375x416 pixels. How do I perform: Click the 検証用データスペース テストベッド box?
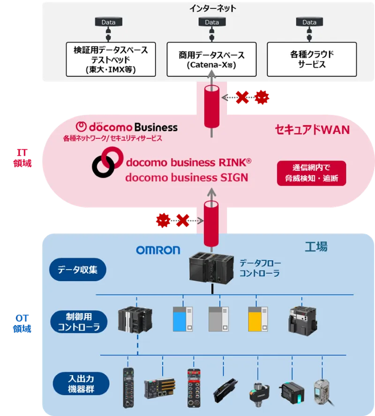coord(111,60)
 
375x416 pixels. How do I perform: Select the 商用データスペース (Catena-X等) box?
coord(211,60)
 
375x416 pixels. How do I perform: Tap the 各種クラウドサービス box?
coord(312,60)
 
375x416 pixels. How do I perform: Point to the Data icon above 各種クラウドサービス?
coord(309,23)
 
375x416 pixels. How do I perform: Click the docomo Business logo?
coord(127,127)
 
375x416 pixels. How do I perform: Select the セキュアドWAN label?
coord(312,129)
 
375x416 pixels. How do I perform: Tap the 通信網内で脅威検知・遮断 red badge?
coord(312,173)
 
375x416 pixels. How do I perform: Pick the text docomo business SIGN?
coord(186,178)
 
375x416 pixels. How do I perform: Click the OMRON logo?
coord(158,250)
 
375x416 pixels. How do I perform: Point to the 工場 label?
coord(316,247)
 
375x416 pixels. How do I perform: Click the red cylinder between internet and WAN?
coord(212,106)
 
